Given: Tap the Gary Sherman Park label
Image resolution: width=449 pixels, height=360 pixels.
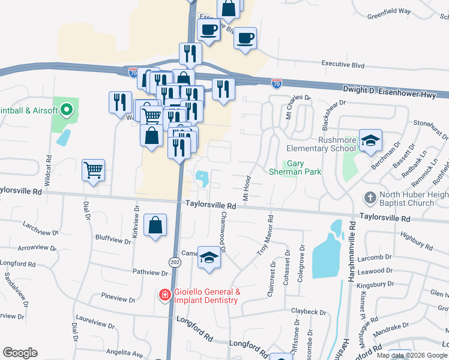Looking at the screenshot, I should click(x=303, y=167).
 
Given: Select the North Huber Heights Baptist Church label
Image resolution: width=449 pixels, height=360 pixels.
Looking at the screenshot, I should click(x=406, y=198).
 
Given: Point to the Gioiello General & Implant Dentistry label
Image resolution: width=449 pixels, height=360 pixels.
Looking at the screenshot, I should click(x=207, y=296).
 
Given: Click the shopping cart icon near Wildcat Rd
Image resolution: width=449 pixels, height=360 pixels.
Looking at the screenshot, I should click(x=94, y=170).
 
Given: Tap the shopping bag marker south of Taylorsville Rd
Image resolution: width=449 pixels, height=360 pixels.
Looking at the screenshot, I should click(x=155, y=226).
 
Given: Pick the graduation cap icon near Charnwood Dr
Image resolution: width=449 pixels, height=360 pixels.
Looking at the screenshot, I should click(x=209, y=258).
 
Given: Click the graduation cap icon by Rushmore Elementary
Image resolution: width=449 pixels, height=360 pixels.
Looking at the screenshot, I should click(x=370, y=140).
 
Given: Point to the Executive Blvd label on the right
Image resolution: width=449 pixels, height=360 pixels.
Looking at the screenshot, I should click(x=343, y=63).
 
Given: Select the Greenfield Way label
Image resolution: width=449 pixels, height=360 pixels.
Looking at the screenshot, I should click(x=389, y=11).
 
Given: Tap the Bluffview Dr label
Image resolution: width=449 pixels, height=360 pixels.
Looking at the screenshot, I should click(x=113, y=239).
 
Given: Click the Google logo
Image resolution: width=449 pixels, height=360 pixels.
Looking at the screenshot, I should click(x=20, y=353).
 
